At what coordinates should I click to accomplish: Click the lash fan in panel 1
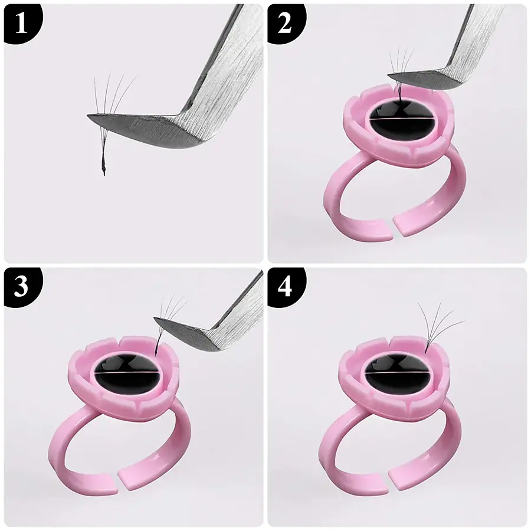[112, 94]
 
